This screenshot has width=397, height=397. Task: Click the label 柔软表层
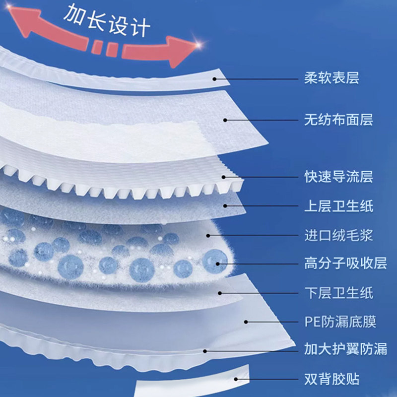click(331, 78)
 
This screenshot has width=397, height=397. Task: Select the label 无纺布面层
click(338, 120)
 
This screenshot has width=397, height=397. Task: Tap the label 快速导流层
click(338, 177)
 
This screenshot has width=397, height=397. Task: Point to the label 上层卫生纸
click(338, 205)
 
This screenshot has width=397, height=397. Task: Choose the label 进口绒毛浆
click(338, 234)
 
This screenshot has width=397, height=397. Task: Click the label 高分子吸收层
click(345, 263)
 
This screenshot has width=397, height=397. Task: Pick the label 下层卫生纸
click(338, 292)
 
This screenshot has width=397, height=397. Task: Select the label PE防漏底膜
click(340, 322)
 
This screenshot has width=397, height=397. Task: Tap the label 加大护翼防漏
click(345, 350)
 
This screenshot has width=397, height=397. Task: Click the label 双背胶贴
click(331, 380)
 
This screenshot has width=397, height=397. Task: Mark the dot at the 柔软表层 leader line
click(215, 78)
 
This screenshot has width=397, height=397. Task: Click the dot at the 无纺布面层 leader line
click(224, 120)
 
